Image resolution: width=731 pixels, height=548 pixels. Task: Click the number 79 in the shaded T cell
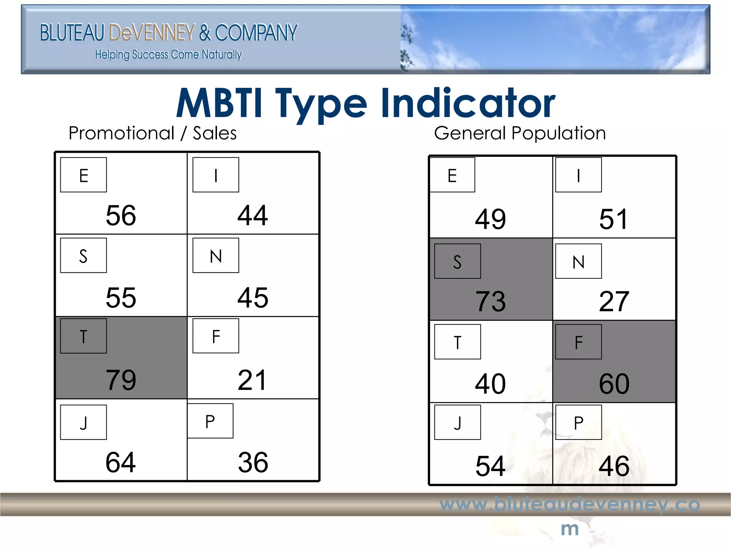(x=121, y=380)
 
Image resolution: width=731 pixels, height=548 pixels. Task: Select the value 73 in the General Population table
(x=490, y=302)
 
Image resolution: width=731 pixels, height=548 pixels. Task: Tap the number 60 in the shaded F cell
(x=614, y=384)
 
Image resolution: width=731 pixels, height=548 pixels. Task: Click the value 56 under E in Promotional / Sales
(x=121, y=215)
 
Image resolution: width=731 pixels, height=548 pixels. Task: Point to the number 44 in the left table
(x=253, y=215)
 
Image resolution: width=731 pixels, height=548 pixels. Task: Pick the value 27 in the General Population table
(x=614, y=302)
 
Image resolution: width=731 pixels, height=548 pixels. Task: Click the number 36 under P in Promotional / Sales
(x=253, y=463)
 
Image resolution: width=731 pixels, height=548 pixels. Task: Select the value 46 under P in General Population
(x=614, y=466)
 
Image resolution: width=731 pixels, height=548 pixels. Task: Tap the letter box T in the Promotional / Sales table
(x=84, y=336)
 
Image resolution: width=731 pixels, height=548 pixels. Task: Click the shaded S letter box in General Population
(x=457, y=262)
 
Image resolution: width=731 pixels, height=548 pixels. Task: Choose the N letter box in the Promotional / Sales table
(x=216, y=255)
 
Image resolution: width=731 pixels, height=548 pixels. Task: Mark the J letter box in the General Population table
(x=457, y=422)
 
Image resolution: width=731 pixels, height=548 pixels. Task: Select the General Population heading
(x=520, y=133)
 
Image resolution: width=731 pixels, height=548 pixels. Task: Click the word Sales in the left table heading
(x=215, y=133)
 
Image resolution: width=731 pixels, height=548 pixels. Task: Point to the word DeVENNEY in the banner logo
(x=152, y=33)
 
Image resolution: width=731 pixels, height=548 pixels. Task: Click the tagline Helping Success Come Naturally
(x=168, y=55)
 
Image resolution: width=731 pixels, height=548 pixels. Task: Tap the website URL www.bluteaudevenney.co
(x=570, y=504)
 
